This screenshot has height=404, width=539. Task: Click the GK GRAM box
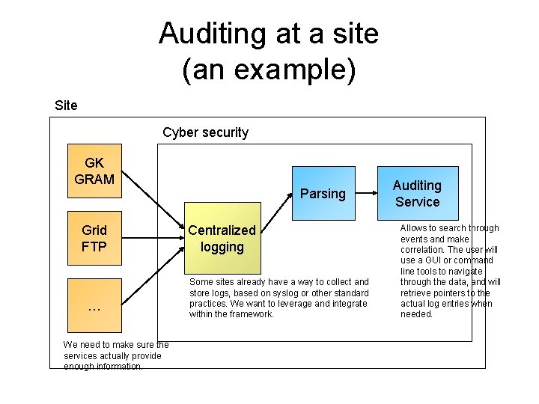[94, 171]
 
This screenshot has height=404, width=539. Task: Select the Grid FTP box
[94, 238]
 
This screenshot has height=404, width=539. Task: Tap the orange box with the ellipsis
[94, 305]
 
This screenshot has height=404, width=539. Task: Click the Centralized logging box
[222, 238]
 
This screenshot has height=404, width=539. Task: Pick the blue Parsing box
[323, 193]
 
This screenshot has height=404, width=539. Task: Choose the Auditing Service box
[417, 193]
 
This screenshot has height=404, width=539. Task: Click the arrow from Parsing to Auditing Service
[365, 193]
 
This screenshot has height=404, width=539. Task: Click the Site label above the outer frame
[66, 105]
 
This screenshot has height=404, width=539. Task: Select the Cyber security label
[205, 132]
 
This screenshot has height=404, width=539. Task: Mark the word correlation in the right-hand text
[424, 250]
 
